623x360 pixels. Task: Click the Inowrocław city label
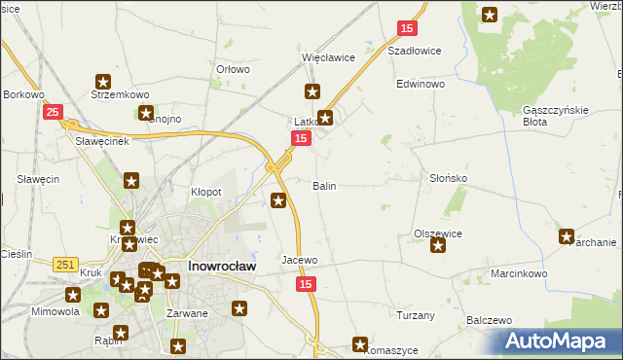(221, 265)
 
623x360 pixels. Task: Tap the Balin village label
(324, 185)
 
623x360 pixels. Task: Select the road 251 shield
(66, 264)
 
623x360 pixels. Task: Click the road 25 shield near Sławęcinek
(55, 112)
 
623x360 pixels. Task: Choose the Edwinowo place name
(421, 85)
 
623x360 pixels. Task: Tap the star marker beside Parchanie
(567, 234)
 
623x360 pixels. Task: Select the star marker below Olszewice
(438, 245)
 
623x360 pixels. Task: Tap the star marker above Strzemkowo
(103, 83)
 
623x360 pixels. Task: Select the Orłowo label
(234, 70)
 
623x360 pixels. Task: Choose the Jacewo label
(300, 261)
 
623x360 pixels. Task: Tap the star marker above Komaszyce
(360, 343)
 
